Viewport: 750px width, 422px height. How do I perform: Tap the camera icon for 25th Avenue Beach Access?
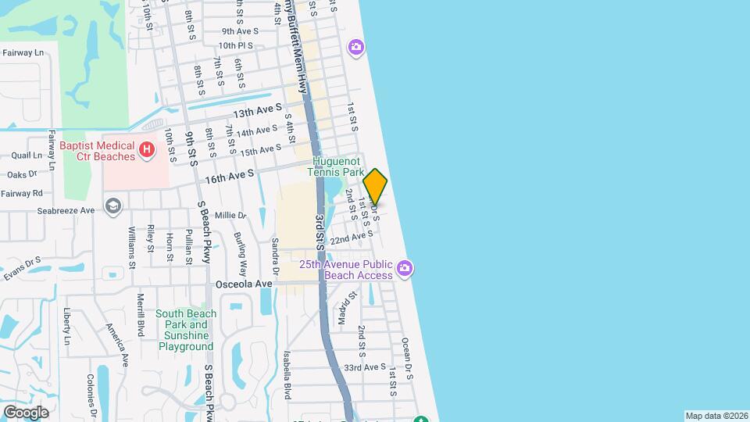click(x=405, y=270)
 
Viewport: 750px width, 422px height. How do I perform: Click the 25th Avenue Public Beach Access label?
click(x=348, y=270)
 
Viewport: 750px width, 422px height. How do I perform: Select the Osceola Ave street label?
click(x=244, y=284)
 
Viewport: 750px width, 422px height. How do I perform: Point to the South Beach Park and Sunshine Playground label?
click(x=186, y=330)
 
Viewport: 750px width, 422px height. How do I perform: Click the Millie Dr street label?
click(x=230, y=215)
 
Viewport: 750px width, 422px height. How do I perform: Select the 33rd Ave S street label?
click(x=365, y=367)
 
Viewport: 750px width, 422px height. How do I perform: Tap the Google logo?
click(x=26, y=412)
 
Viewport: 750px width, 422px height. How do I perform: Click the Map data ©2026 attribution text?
click(x=716, y=416)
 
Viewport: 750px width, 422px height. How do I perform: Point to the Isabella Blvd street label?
click(x=287, y=374)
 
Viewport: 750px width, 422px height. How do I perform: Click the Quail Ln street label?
click(x=27, y=156)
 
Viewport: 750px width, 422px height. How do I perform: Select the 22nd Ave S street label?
click(x=352, y=237)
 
